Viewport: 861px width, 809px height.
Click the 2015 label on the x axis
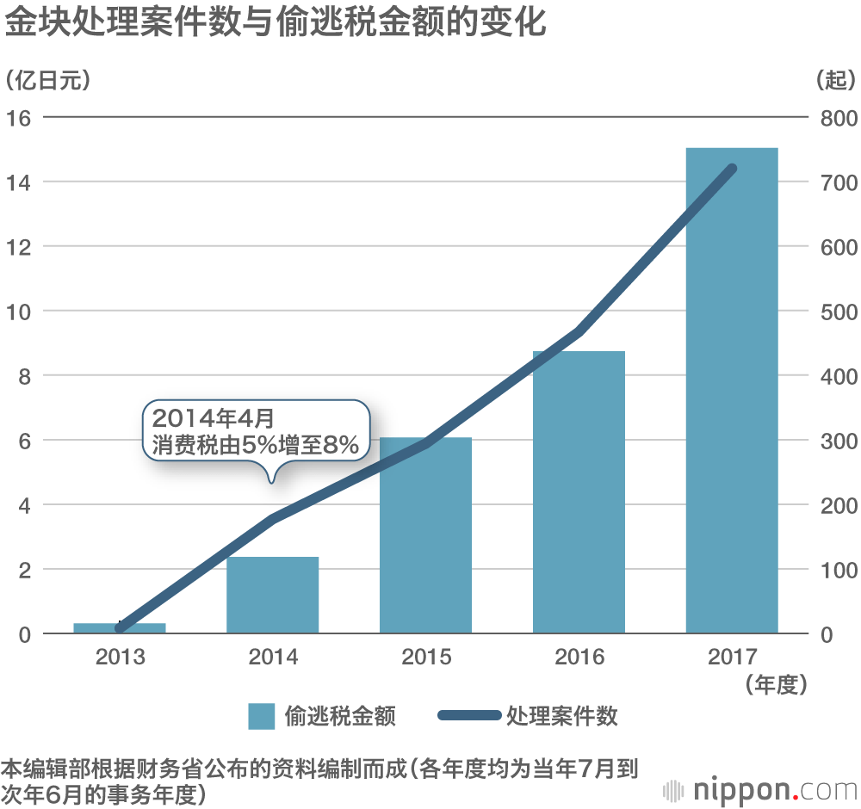coord(425,658)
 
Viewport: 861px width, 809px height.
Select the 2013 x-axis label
coord(120,658)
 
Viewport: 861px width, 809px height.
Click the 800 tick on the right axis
coord(837,118)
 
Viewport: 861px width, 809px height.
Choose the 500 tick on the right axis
coord(837,312)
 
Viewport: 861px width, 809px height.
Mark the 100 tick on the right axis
coord(837,570)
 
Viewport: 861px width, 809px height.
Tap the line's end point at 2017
coord(732,169)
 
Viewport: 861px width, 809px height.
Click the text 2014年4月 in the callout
coord(212,419)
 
